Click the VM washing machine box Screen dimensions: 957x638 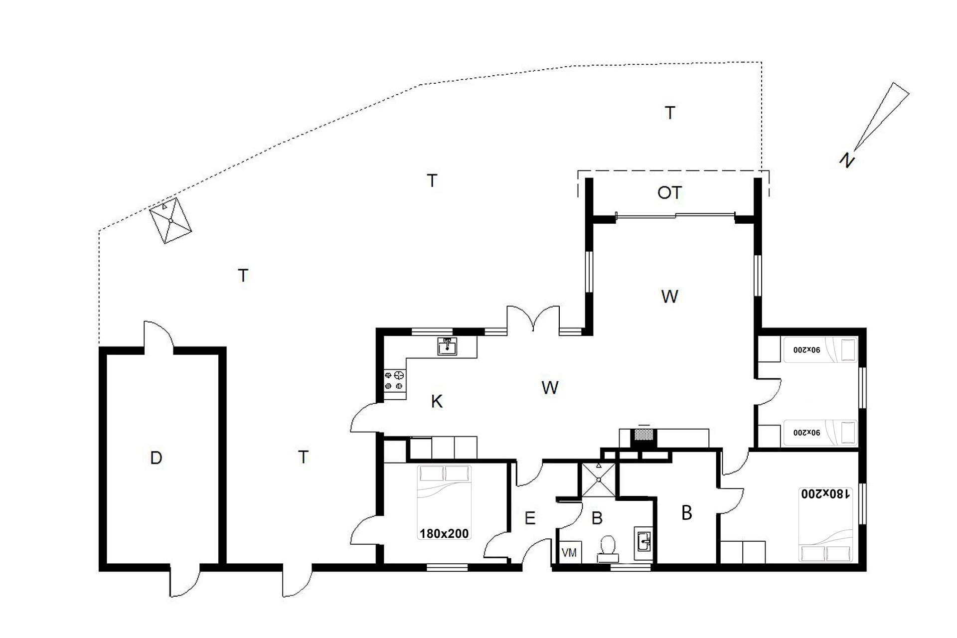point(569,552)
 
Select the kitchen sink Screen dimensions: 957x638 point(447,346)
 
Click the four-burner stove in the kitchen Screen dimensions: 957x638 point(394,380)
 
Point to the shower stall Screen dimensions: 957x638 point(597,479)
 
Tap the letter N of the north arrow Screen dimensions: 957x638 point(846,160)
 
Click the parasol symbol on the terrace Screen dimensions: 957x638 point(171,220)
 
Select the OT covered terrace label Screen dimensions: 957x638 point(669,193)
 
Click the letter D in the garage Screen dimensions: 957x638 point(156,458)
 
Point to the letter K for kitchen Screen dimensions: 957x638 point(437,401)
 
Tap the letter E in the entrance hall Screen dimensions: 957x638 point(530,518)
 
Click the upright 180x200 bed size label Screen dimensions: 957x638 point(444,534)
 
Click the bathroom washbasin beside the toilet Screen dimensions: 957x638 point(643,540)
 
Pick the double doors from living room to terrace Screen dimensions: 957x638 point(533,318)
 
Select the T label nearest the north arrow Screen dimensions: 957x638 point(670,113)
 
